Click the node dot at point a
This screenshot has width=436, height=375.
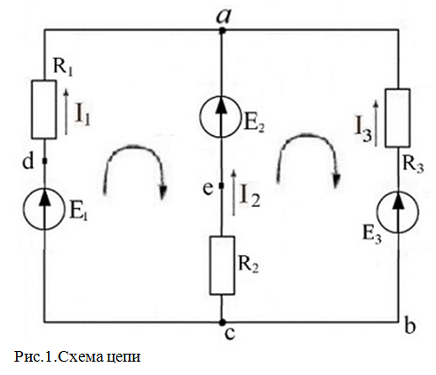click(x=222, y=30)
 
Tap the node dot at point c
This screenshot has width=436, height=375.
click(x=222, y=322)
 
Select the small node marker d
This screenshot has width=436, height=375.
click(x=44, y=161)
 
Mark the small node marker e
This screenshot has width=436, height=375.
click(x=221, y=186)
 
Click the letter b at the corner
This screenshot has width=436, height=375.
click(x=410, y=327)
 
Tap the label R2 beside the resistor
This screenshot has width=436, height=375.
click(x=249, y=264)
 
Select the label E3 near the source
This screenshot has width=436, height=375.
click(x=372, y=235)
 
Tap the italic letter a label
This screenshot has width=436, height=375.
click(x=223, y=16)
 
